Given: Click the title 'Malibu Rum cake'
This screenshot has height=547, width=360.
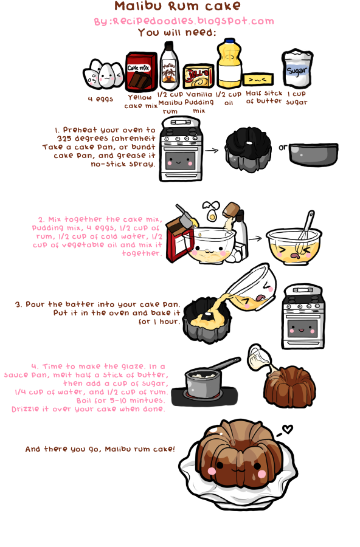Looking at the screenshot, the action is [x=178, y=6].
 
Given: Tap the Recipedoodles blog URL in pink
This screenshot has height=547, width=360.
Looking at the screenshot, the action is [x=184, y=21].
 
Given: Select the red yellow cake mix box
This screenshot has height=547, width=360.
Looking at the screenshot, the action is [x=140, y=72].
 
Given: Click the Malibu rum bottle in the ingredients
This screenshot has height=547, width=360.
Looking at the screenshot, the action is [x=169, y=66].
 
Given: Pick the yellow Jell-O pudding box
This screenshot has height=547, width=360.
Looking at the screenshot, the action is [x=198, y=76].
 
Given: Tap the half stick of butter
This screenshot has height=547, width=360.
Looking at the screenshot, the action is [x=258, y=80].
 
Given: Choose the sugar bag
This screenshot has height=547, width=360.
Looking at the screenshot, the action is [x=297, y=68].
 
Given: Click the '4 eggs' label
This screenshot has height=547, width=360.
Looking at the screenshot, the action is [x=100, y=98].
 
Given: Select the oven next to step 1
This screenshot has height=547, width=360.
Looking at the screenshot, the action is [x=181, y=149].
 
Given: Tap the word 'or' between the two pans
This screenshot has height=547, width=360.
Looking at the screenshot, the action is [x=283, y=147].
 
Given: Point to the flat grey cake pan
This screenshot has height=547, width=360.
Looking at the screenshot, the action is [x=314, y=154].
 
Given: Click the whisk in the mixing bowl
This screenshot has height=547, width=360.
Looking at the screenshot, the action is [x=305, y=232].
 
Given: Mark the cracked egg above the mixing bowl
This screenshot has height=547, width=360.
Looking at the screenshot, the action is [x=212, y=210].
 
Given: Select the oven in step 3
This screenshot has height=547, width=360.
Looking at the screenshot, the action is [x=303, y=317].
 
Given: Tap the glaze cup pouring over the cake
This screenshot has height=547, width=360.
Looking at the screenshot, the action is [x=260, y=357].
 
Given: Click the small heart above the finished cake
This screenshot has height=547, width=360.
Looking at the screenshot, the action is [x=288, y=428].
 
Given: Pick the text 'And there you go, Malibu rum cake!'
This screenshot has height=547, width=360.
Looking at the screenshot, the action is [x=100, y=449].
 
